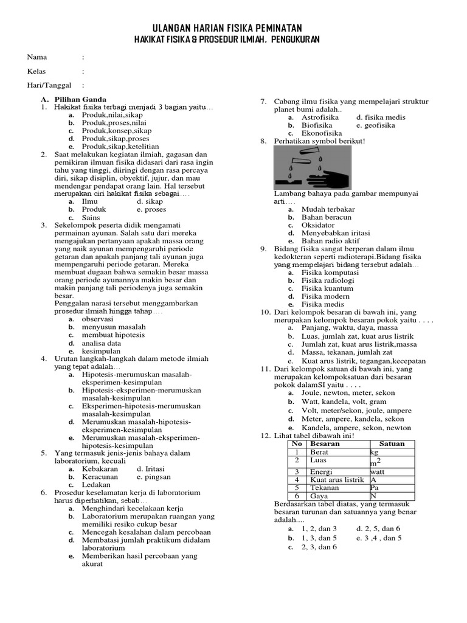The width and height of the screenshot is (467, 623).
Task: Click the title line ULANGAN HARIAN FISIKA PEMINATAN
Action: pyautogui.click(x=226, y=29)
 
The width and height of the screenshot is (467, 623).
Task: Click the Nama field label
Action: pyautogui.click(x=37, y=57)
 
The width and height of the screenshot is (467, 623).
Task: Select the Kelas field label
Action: pyautogui.click(x=36, y=71)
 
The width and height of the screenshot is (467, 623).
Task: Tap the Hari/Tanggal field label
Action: pyautogui.click(x=49, y=85)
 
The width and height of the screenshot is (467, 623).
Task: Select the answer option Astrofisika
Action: pyautogui.click(x=320, y=117)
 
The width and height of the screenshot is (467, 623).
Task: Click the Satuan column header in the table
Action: pyautogui.click(x=392, y=444)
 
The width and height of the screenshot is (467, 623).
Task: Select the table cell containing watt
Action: pyautogui.click(x=378, y=472)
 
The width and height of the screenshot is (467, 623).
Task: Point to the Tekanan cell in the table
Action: pyautogui.click(x=324, y=487)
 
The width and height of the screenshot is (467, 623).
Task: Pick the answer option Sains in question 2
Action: pyautogui.click(x=91, y=217)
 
